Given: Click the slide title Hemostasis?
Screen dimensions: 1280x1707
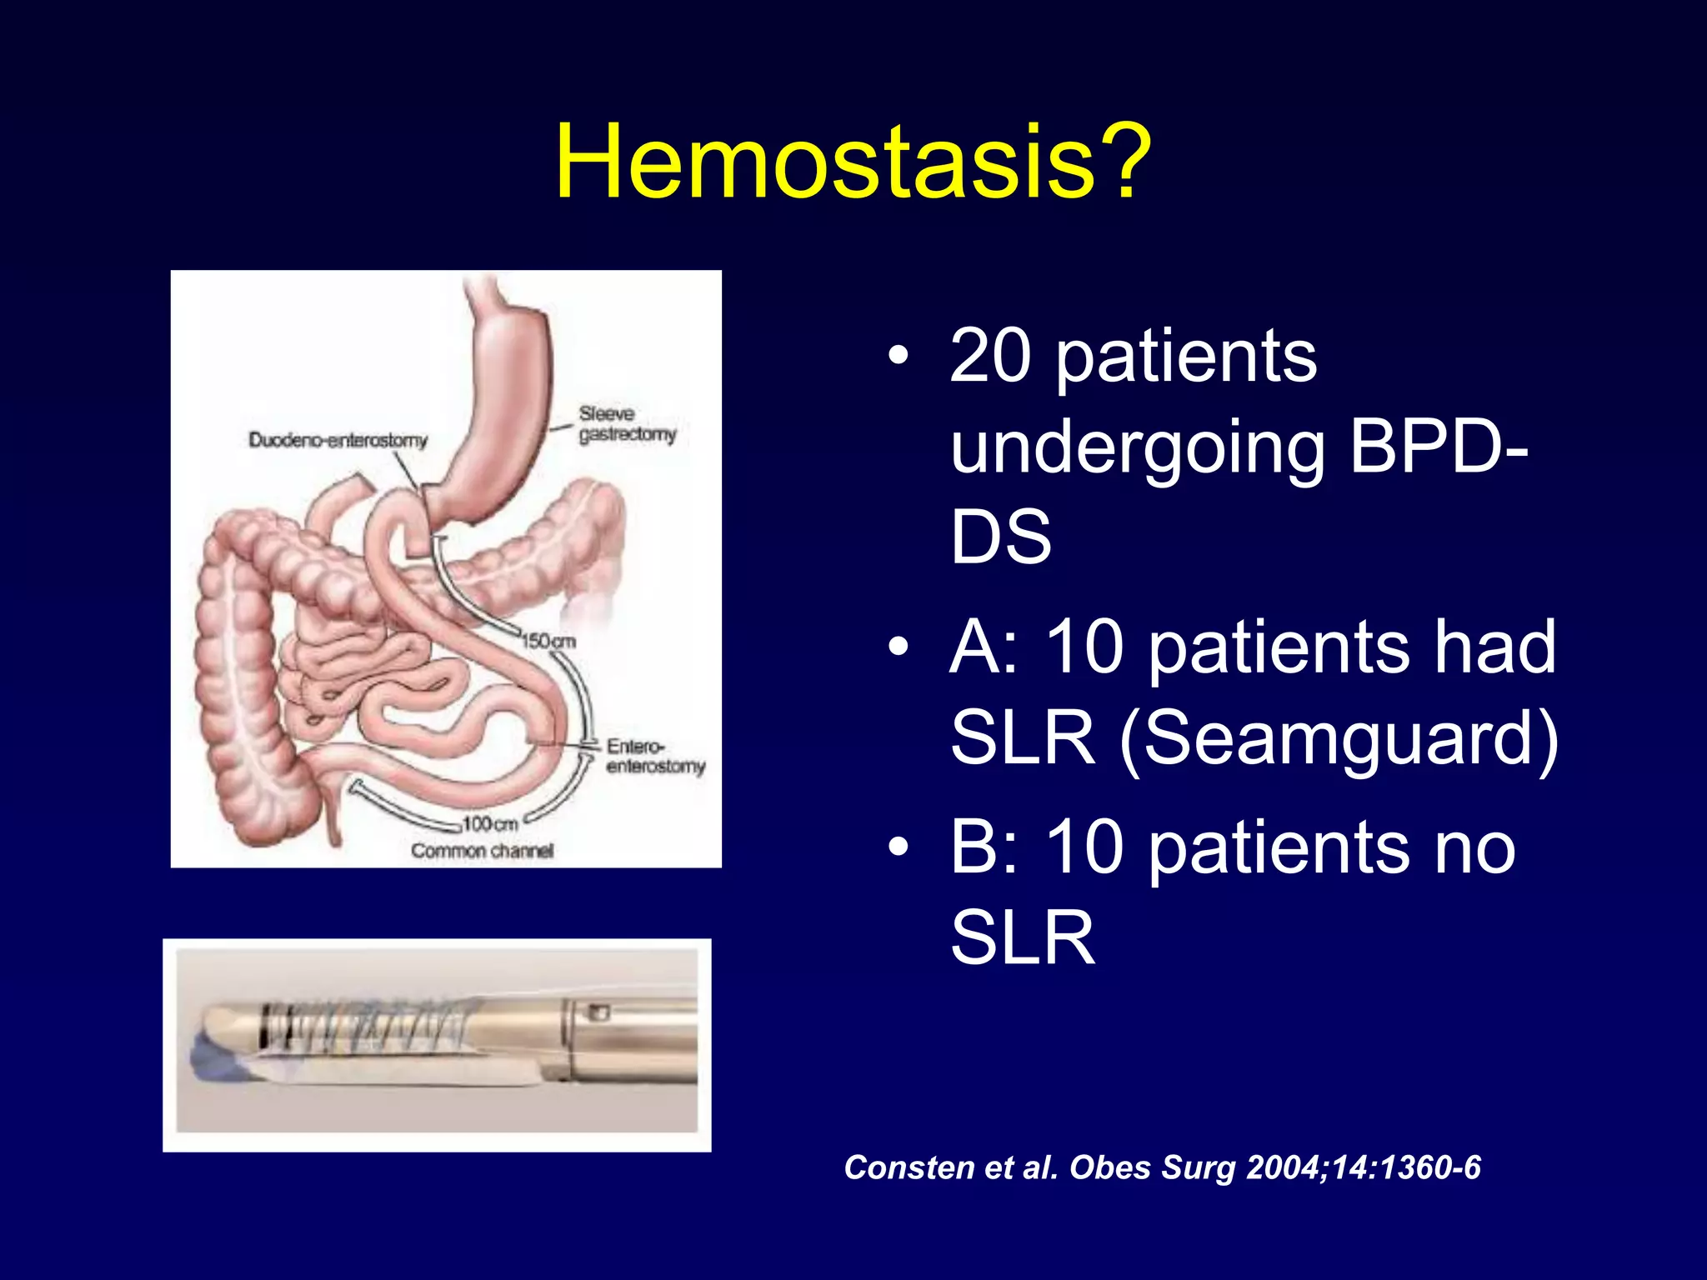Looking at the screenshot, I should click(x=853, y=162).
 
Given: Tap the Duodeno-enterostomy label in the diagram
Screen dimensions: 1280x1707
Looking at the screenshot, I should click(x=338, y=439).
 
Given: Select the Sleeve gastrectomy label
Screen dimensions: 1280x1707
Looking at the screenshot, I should click(x=627, y=424).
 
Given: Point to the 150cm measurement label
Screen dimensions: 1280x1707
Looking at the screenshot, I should click(x=548, y=641).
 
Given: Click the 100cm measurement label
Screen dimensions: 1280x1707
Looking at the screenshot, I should click(x=490, y=823).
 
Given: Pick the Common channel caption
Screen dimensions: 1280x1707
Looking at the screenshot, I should click(x=482, y=851).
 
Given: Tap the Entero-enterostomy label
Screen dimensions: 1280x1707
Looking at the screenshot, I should click(x=655, y=756).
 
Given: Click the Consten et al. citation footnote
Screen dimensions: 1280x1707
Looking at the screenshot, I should click(x=1162, y=1167).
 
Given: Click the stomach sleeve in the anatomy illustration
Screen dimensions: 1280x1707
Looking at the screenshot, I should click(x=492, y=400).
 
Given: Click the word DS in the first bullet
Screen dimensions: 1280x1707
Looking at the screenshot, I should click(x=1000, y=537).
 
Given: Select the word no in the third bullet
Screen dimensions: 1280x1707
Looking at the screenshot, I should click(x=1474, y=847).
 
